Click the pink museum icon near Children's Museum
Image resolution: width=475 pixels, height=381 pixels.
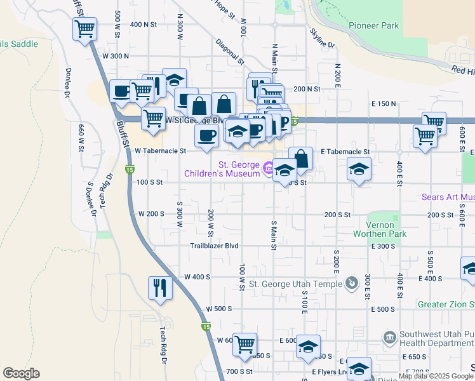pos(269,168)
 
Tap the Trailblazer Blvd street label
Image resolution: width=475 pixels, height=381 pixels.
pos(214,246)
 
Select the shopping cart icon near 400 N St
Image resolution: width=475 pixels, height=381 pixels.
pos(84,29)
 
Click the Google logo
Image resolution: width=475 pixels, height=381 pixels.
pos(20,373)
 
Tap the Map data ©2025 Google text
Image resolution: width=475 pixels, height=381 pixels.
pos(435,377)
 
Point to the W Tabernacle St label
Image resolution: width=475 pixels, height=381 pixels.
pos(161,151)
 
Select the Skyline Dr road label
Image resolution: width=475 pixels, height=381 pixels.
pos(322,39)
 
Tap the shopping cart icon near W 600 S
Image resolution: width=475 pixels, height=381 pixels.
pos(244,345)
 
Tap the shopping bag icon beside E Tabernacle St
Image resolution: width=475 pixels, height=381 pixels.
pos(301,158)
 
